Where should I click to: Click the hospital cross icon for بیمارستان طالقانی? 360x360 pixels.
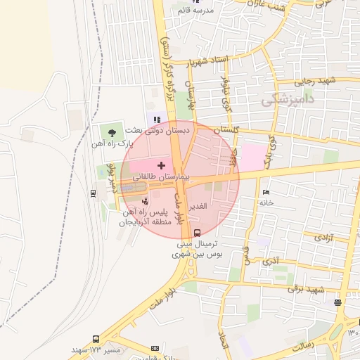click(x=161, y=165)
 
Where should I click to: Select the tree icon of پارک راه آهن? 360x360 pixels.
click(x=111, y=131)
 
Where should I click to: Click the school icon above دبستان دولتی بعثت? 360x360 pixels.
click(x=156, y=119)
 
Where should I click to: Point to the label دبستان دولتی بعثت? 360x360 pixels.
click(x=158, y=131)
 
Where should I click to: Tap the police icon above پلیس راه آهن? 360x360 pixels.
click(x=146, y=201)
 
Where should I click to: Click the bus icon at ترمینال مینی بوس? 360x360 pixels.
click(x=196, y=233)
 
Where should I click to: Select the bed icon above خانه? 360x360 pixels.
click(x=265, y=192)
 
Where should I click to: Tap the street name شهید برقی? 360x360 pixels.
click(x=309, y=290)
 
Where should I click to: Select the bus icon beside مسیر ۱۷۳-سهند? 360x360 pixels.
click(x=96, y=339)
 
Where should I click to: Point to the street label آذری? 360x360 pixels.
click(x=270, y=261)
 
